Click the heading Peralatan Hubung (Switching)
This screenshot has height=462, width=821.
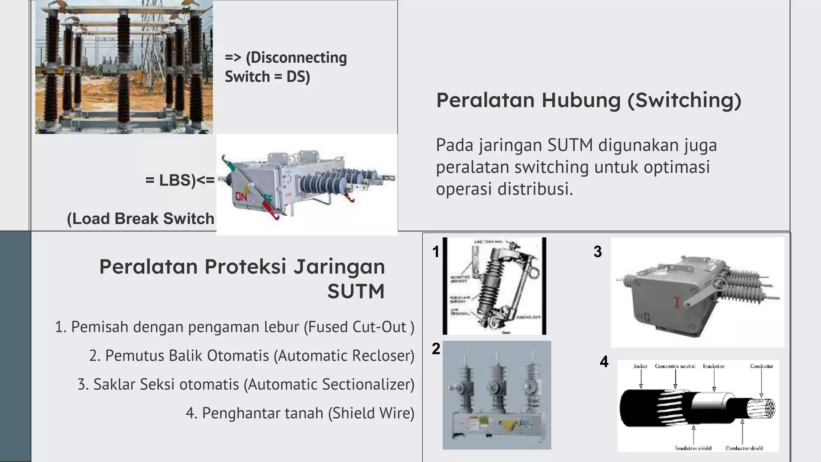click(x=588, y=100)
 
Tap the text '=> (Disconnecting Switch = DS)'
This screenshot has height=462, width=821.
click(x=285, y=67)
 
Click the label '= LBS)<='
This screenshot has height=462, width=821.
click(x=180, y=180)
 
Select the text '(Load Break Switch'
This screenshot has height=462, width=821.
click(x=141, y=219)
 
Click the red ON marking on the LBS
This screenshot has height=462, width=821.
click(x=241, y=197)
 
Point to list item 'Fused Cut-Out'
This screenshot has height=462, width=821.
click(x=235, y=327)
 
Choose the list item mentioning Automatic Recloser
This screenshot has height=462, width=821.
click(x=252, y=356)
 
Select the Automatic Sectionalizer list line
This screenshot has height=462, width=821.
click(x=246, y=384)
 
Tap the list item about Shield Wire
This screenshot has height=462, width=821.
click(x=300, y=413)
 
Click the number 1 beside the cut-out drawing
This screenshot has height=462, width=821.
click(x=436, y=252)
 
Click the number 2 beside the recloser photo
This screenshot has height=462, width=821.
click(x=436, y=349)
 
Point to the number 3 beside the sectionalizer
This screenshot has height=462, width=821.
click(x=597, y=252)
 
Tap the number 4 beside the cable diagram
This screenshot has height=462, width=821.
click(x=604, y=362)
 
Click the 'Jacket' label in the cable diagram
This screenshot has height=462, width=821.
click(x=640, y=366)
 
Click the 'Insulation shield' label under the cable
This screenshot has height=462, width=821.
click(x=693, y=448)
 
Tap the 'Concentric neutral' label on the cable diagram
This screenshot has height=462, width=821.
click(x=675, y=366)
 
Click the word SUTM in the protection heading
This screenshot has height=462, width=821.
click(x=356, y=292)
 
